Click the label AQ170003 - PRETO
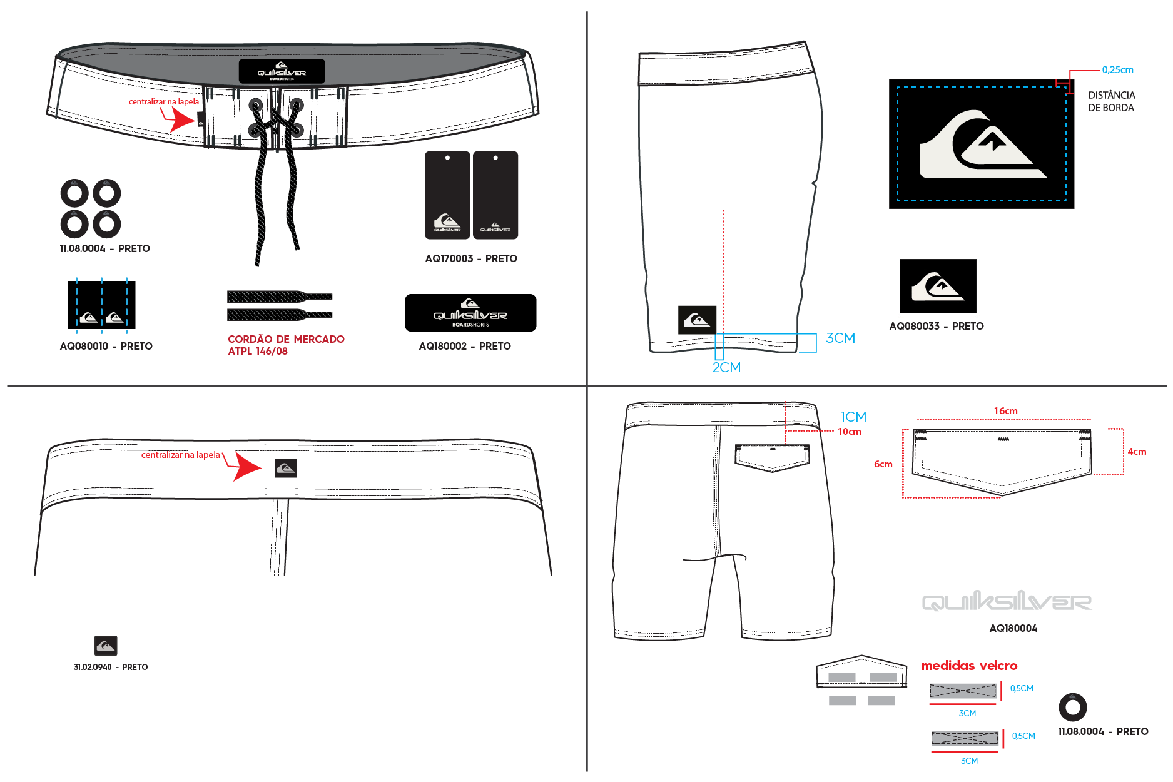pos(471,258)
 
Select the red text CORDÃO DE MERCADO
pos(286,339)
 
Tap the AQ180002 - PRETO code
pos(465,346)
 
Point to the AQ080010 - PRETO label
pos(106,346)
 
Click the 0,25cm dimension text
pos(1118,70)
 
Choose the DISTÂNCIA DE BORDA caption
pos(1112,101)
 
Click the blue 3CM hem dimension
pos(841,338)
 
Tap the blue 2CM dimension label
pos(726,367)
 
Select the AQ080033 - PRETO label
pos(937,326)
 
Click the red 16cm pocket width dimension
pos(1006,411)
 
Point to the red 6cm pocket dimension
pos(883,464)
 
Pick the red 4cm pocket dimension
pos(1137,452)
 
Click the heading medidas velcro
pos(969,666)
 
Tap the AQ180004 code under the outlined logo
pos(1013,628)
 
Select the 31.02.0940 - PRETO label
pos(111,667)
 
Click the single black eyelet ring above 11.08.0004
pos(1073,708)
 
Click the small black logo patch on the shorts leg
pos(697,320)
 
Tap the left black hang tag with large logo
pos(447,195)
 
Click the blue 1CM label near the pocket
pos(853,417)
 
